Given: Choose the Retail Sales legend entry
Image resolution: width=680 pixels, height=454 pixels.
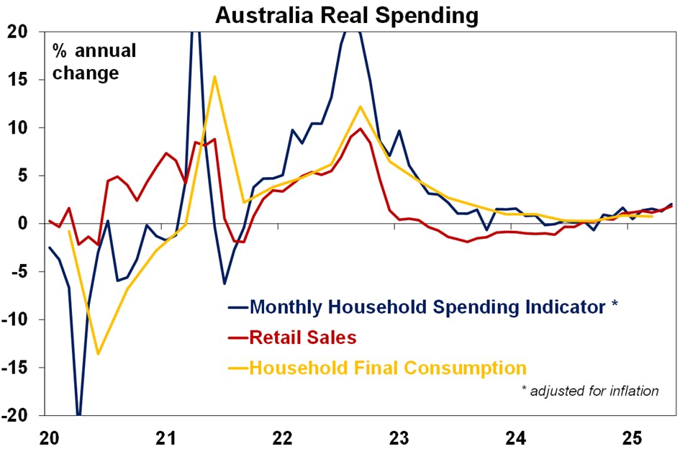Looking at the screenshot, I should (303, 337).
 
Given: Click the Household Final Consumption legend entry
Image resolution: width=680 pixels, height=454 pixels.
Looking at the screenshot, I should (388, 368).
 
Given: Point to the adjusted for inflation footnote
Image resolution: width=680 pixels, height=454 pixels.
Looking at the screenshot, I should (589, 391).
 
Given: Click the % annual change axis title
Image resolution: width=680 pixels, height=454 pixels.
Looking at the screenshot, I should (94, 62).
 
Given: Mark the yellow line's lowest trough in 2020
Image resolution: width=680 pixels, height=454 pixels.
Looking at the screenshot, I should (98, 353).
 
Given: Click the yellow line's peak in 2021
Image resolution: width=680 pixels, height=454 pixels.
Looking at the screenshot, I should (214, 76).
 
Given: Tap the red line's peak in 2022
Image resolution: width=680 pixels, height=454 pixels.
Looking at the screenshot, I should (360, 129).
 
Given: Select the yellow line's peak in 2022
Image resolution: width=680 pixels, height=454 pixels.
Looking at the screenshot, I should (360, 106).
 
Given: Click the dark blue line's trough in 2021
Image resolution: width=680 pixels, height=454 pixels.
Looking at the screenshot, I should (225, 283).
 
